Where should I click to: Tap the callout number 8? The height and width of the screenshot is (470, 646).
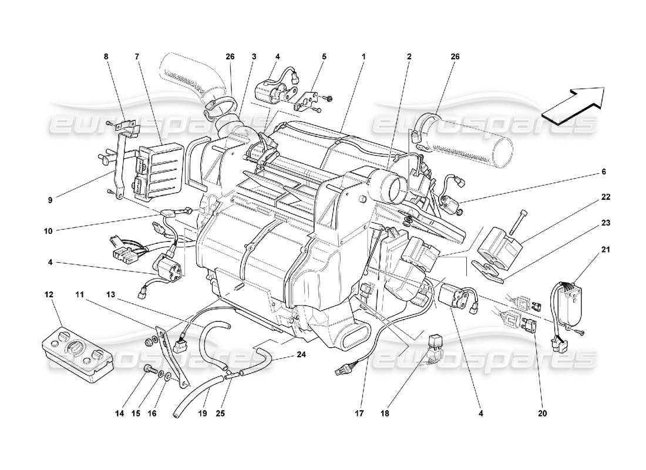click(106, 57)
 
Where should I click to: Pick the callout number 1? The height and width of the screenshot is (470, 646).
click(364, 57)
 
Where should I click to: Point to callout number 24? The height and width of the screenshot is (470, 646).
click(302, 354)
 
